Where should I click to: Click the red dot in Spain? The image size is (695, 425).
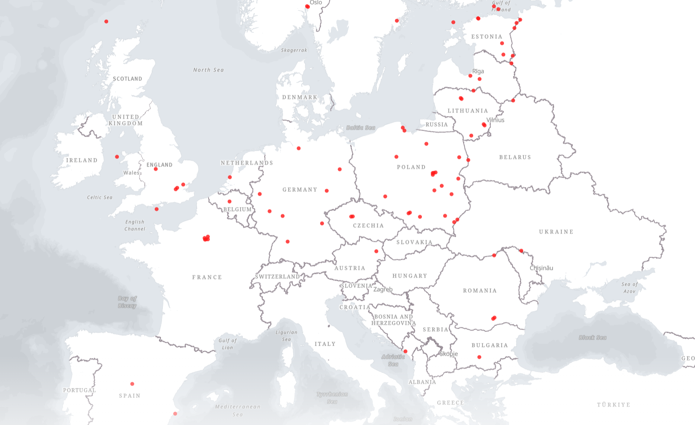(132, 384)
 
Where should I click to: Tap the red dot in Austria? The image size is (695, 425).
(376, 251)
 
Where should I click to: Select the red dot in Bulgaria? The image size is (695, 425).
(479, 357)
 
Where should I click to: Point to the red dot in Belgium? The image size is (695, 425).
(230, 202)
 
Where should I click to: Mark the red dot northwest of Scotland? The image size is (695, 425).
(106, 21)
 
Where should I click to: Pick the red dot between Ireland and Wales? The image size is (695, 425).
(117, 157)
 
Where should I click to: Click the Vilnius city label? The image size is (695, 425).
(495, 120)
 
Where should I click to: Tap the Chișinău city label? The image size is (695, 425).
(541, 268)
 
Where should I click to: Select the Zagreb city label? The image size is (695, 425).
(383, 289)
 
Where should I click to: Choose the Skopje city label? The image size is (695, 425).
(449, 354)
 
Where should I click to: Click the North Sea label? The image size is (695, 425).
(208, 70)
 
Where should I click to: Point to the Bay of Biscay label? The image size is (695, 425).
(127, 302)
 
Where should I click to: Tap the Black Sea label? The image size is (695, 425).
(592, 337)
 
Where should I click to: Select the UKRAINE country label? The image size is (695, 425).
(556, 232)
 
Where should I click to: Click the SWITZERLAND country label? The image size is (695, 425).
(277, 277)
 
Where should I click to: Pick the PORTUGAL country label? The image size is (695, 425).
(80, 390)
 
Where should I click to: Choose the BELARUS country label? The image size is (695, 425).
(515, 158)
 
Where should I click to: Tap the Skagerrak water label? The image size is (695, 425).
(294, 50)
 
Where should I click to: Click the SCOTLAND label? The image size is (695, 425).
(127, 79)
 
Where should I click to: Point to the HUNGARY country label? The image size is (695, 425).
(409, 276)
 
